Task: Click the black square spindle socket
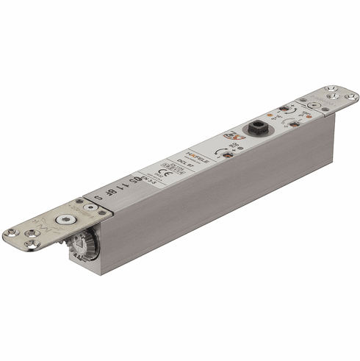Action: point(258,125)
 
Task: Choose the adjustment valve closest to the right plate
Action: point(294,121)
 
